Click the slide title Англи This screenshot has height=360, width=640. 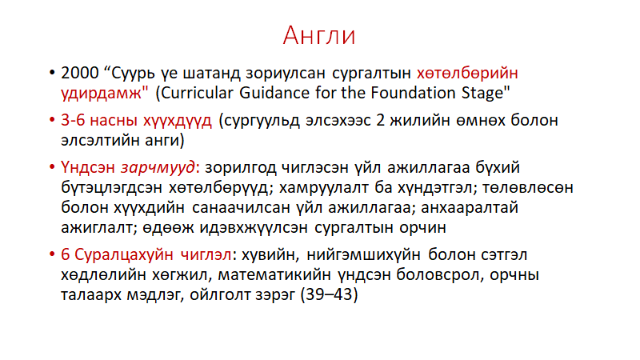(319, 35)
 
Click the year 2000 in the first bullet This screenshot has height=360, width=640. (80, 73)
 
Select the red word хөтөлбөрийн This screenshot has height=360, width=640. (467, 73)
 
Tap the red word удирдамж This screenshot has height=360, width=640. (101, 93)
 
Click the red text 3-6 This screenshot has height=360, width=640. (73, 121)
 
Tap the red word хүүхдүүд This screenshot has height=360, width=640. (178, 122)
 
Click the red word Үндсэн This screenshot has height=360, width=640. (88, 168)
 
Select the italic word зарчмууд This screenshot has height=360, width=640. (158, 168)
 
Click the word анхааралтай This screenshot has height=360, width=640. (470, 208)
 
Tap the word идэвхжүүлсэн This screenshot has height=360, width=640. (253, 228)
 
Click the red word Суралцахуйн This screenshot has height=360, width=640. (124, 255)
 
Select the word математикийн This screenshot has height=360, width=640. (274, 274)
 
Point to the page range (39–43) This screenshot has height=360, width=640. (329, 294)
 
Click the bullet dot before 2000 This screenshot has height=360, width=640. (52, 73)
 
